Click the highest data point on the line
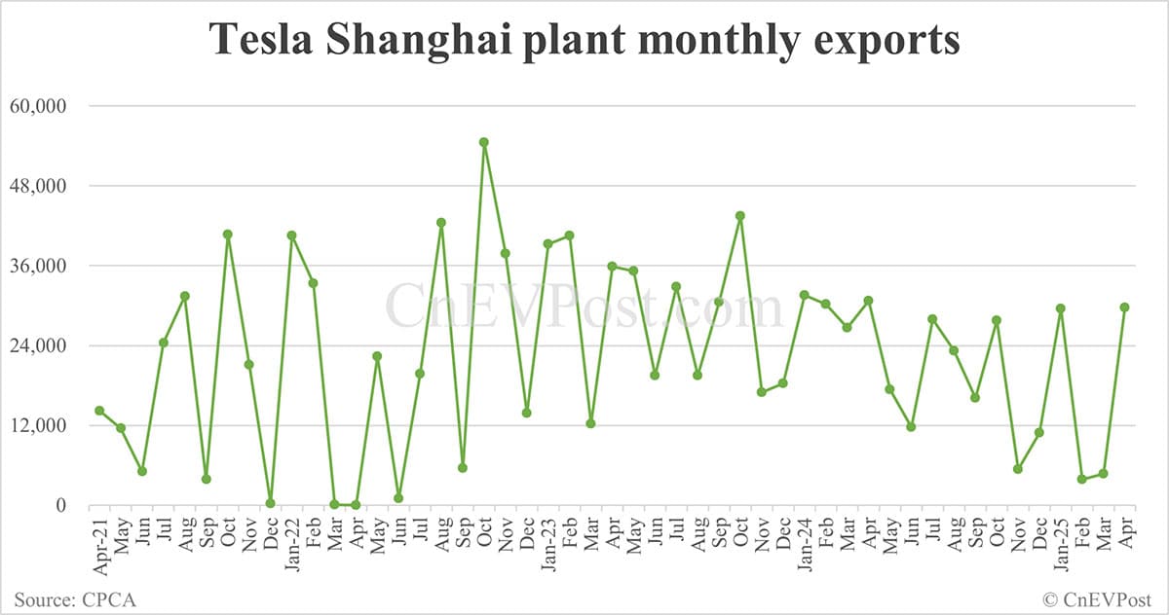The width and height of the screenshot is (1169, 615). [483, 142]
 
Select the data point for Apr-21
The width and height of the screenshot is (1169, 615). [99, 411]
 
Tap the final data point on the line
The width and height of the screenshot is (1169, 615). [1124, 307]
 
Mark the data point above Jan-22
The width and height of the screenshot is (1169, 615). [291, 235]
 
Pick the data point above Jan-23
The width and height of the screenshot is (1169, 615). [547, 244]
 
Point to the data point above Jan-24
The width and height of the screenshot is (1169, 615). [804, 295]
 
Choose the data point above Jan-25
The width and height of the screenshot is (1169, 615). [1060, 308]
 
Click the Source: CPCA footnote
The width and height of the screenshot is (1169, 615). [75, 599]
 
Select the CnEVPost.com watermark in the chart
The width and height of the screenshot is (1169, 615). [584, 307]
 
